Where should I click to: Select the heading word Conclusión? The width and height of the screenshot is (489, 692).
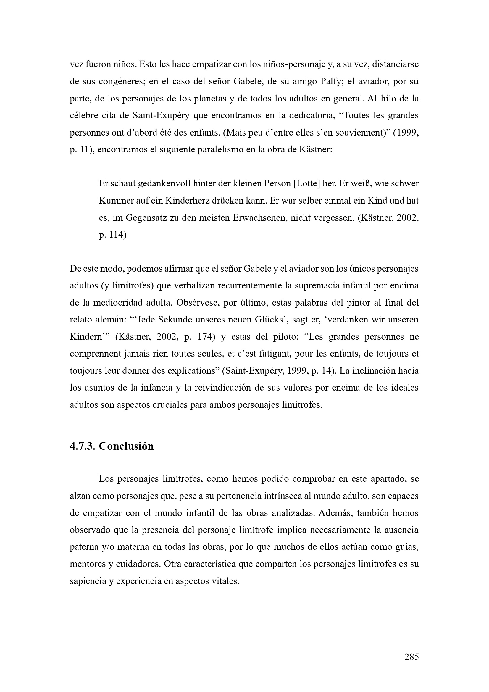(126, 446)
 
